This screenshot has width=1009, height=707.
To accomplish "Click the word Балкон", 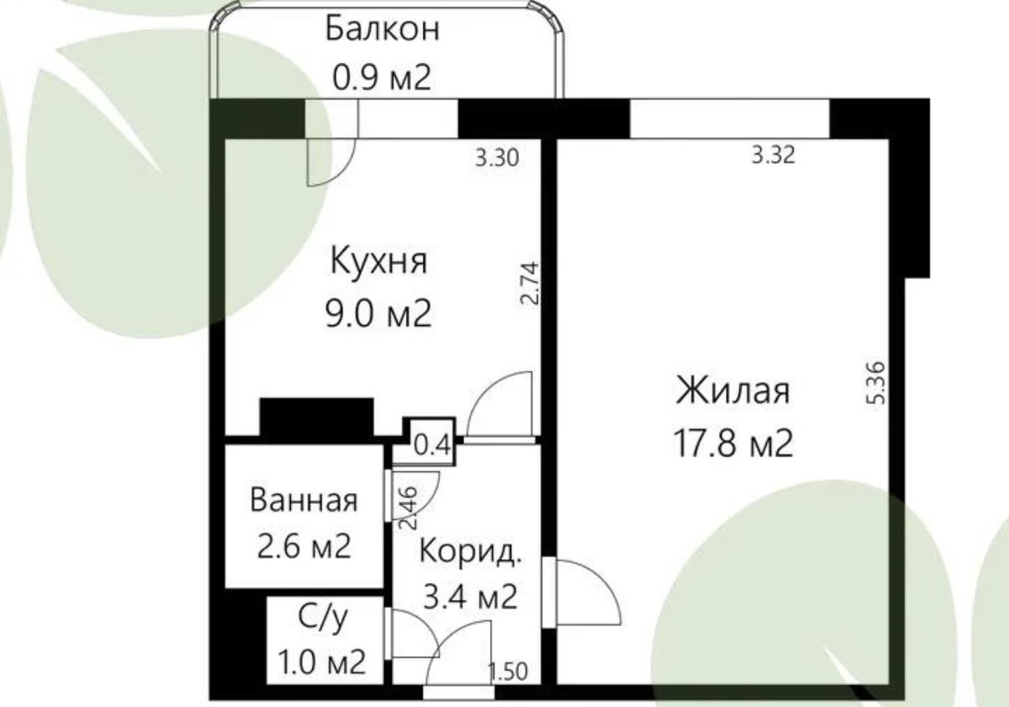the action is (x=382, y=29).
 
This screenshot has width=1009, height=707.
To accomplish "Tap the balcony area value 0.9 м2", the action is (x=382, y=77).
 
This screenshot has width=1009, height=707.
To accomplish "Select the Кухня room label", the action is (x=378, y=263).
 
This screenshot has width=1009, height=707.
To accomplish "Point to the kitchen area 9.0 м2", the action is (x=378, y=314).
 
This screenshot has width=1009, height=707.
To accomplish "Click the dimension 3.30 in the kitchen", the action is (x=497, y=158).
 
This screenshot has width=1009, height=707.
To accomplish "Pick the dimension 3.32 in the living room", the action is (x=774, y=156).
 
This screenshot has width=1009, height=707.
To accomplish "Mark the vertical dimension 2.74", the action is (x=530, y=284).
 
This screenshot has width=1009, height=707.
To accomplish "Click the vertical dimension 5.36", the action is (x=876, y=383).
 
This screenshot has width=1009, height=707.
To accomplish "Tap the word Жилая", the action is (x=733, y=391).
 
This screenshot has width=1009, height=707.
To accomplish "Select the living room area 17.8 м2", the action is (x=733, y=444).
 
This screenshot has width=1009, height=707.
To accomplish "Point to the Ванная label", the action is (x=304, y=501).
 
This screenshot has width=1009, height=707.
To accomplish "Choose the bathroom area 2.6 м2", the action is (x=304, y=546).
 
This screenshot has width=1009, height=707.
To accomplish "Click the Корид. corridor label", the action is (x=470, y=551).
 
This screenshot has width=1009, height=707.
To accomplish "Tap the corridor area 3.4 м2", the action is (x=470, y=597).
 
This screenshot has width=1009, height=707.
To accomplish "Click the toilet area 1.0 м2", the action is (x=321, y=662).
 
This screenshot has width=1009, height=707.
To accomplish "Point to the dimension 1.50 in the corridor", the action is (x=508, y=672).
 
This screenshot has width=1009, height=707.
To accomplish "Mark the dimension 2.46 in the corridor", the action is (x=409, y=508).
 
